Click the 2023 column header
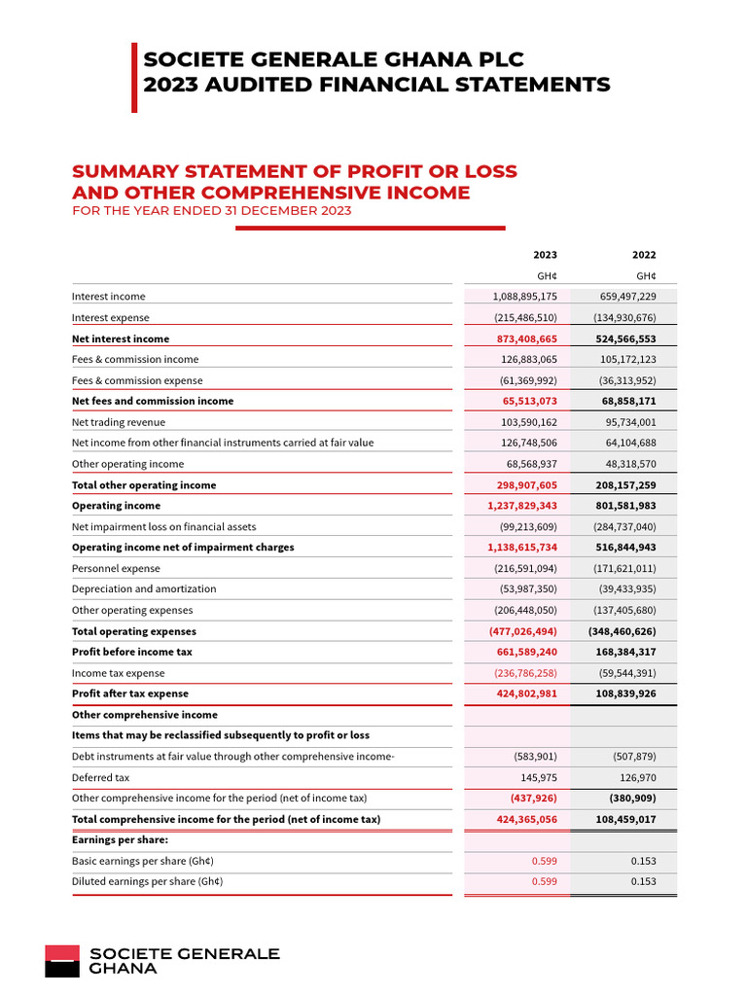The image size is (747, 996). [x=545, y=255]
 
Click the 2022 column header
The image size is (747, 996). [x=644, y=255]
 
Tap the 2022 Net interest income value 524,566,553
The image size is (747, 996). [x=625, y=339]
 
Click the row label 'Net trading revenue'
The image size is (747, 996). [x=119, y=422]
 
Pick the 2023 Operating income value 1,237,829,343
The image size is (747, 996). [x=522, y=506]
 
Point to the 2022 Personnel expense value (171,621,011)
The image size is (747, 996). [x=624, y=568]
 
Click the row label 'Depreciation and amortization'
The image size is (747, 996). [x=144, y=589]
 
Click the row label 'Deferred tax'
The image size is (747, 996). [x=100, y=778]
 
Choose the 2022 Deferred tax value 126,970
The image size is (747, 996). [x=635, y=778]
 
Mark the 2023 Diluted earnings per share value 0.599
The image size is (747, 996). [x=545, y=882]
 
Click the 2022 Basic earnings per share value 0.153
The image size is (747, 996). [x=643, y=861]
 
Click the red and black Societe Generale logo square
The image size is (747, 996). [x=61, y=960]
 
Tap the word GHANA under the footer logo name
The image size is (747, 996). [x=123, y=969]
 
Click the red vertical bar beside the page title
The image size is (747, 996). [x=134, y=77]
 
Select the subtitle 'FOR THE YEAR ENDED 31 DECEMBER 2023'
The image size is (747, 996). [x=211, y=211]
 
